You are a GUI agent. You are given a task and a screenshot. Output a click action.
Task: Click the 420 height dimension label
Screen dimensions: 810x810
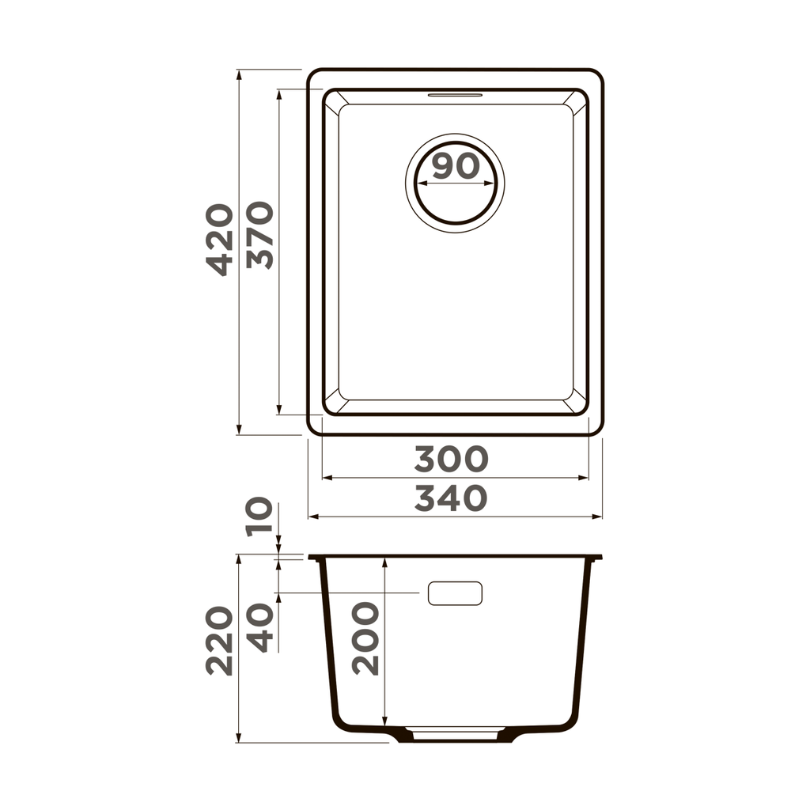pyautogui.click(x=220, y=240)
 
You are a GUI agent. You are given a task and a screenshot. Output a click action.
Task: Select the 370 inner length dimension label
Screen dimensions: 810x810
pyautogui.click(x=259, y=236)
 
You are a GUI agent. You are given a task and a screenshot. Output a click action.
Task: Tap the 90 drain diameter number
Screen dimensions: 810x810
pyautogui.click(x=456, y=166)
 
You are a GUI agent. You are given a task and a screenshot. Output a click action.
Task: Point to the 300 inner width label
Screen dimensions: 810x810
pyautogui.click(x=452, y=459)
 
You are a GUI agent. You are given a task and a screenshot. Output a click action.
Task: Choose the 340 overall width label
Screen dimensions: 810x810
pyautogui.click(x=451, y=498)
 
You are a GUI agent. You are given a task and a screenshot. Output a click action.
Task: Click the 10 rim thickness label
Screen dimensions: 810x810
pyautogui.click(x=259, y=517)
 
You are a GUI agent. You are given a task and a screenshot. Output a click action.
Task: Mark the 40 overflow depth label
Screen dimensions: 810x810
pyautogui.click(x=259, y=627)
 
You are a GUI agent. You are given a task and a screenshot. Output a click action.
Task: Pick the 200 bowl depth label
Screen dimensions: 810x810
pyautogui.click(x=365, y=638)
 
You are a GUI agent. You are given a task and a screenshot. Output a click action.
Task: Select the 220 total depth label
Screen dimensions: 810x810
pyautogui.click(x=220, y=641)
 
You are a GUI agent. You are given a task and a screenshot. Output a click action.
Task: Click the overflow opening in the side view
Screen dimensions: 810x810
pyautogui.click(x=455, y=592)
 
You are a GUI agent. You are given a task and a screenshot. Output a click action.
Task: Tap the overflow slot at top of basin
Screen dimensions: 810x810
pyautogui.click(x=455, y=95)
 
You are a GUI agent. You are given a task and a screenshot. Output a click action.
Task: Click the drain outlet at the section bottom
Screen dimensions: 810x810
pyautogui.click(x=455, y=734)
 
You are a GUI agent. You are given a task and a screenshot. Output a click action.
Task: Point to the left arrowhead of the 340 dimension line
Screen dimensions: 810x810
pyautogui.click(x=312, y=517)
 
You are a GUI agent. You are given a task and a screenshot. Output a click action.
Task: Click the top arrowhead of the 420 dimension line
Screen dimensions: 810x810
pyautogui.click(x=239, y=74)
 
